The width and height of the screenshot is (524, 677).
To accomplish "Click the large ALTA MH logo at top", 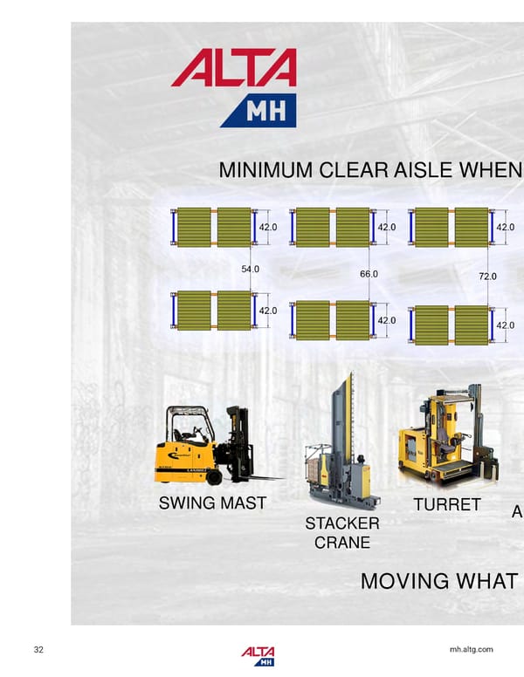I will (234, 87).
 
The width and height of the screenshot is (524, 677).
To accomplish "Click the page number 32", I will (38, 650).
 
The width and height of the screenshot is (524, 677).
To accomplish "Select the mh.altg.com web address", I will (471, 650).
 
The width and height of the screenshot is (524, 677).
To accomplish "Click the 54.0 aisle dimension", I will (250, 270).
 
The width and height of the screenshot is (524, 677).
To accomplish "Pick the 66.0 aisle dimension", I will (369, 275).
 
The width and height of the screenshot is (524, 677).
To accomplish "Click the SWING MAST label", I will (212, 503).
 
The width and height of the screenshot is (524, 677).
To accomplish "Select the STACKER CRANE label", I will (341, 532).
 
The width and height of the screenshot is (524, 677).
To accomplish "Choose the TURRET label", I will (446, 504).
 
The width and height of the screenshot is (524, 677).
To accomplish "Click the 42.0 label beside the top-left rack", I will (267, 227).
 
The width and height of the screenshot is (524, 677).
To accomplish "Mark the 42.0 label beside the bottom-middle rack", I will (386, 320).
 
